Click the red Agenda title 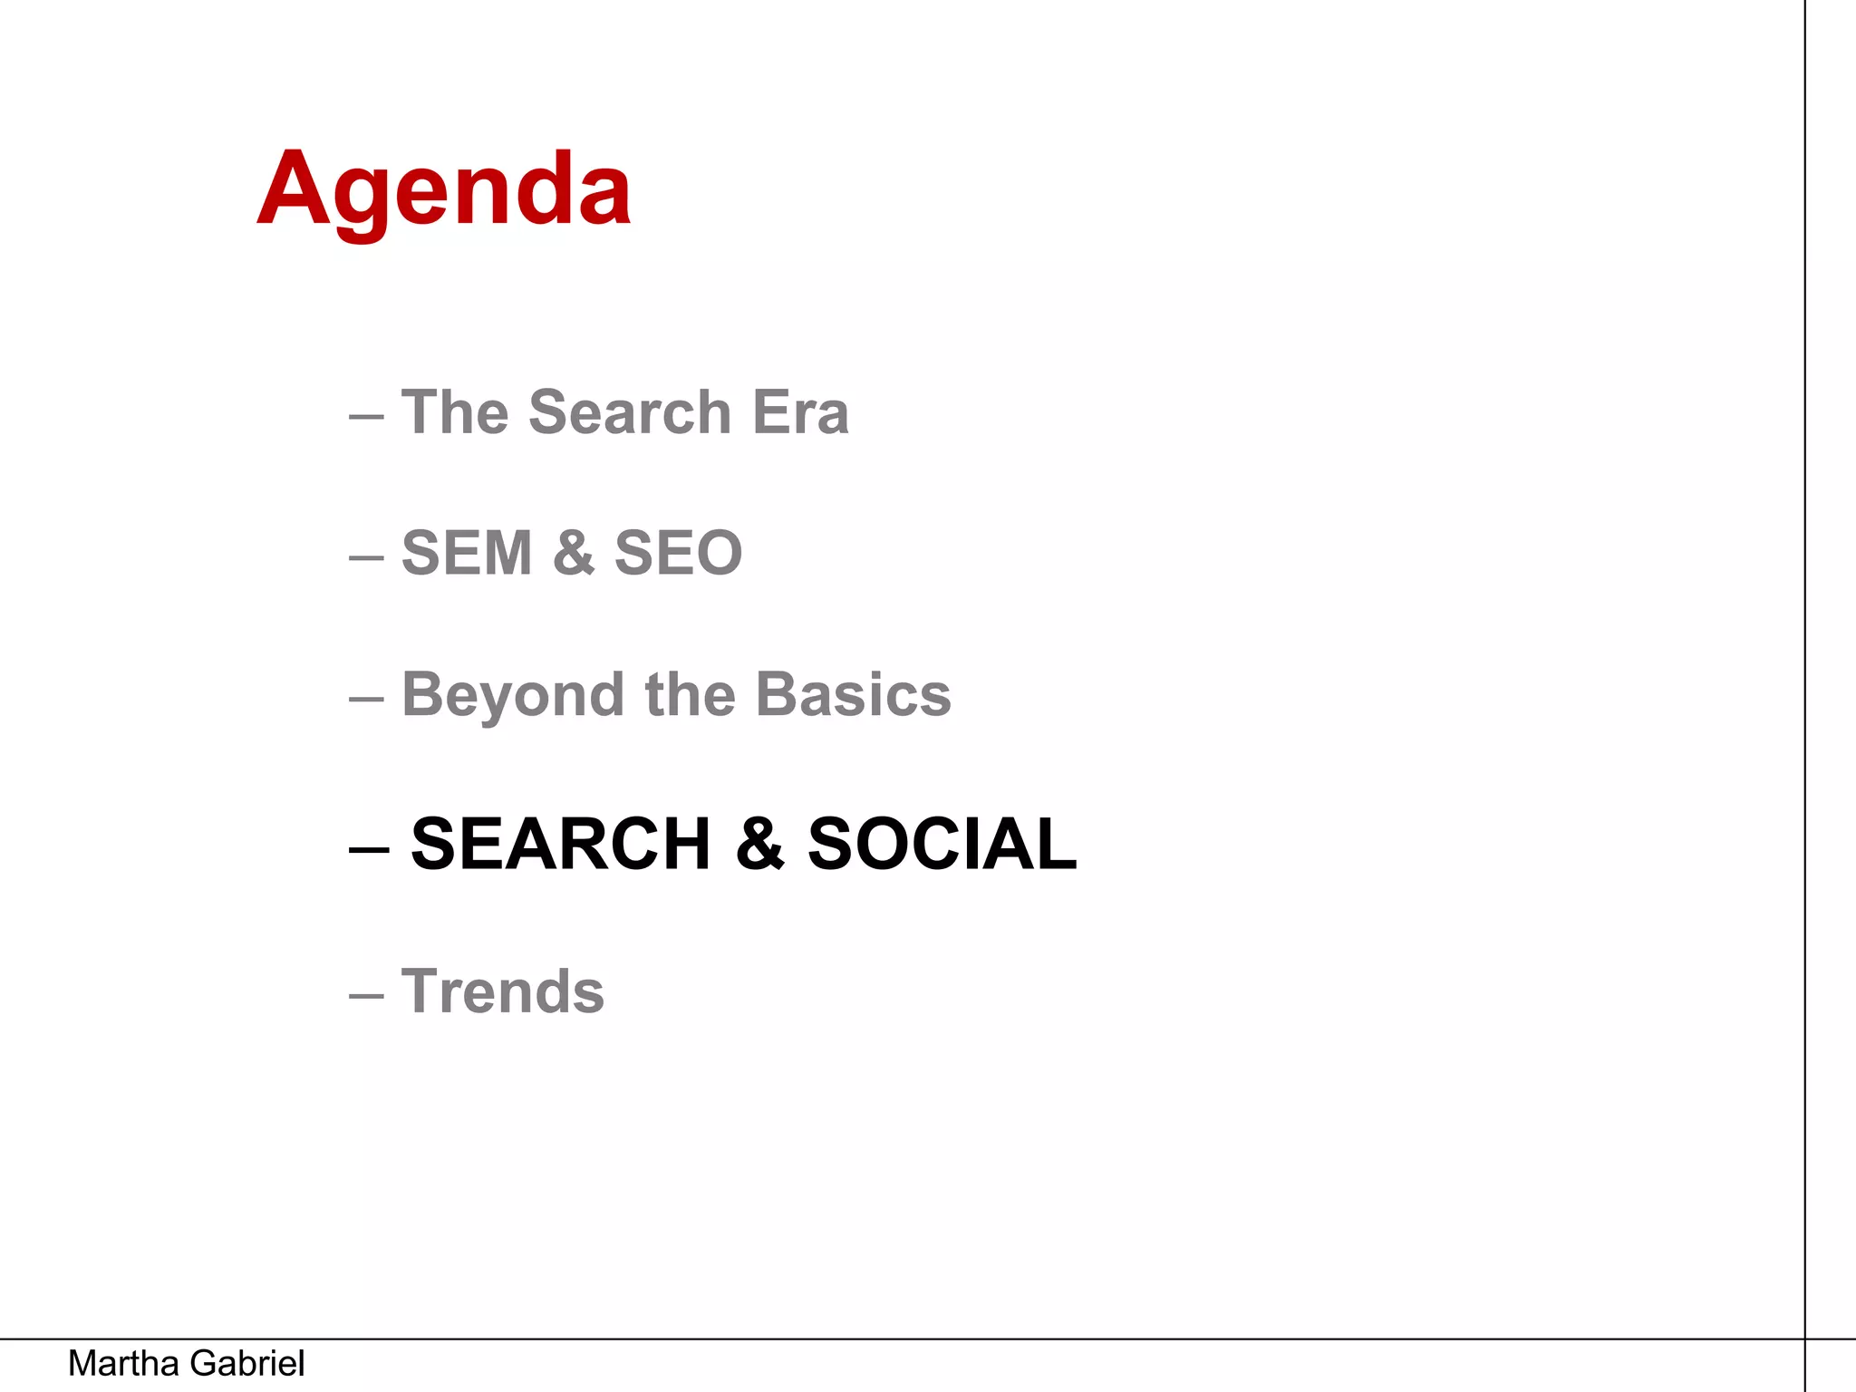444,190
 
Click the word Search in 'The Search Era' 630,412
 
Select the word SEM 467,553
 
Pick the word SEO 678,553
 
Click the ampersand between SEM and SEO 574,553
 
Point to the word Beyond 513,696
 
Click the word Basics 853,695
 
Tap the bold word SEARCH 561,844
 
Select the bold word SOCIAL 942,844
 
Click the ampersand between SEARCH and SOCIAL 759,844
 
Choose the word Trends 503,991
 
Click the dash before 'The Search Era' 366,417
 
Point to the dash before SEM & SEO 366,557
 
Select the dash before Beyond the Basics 366,700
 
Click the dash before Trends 366,995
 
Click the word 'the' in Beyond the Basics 690,695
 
